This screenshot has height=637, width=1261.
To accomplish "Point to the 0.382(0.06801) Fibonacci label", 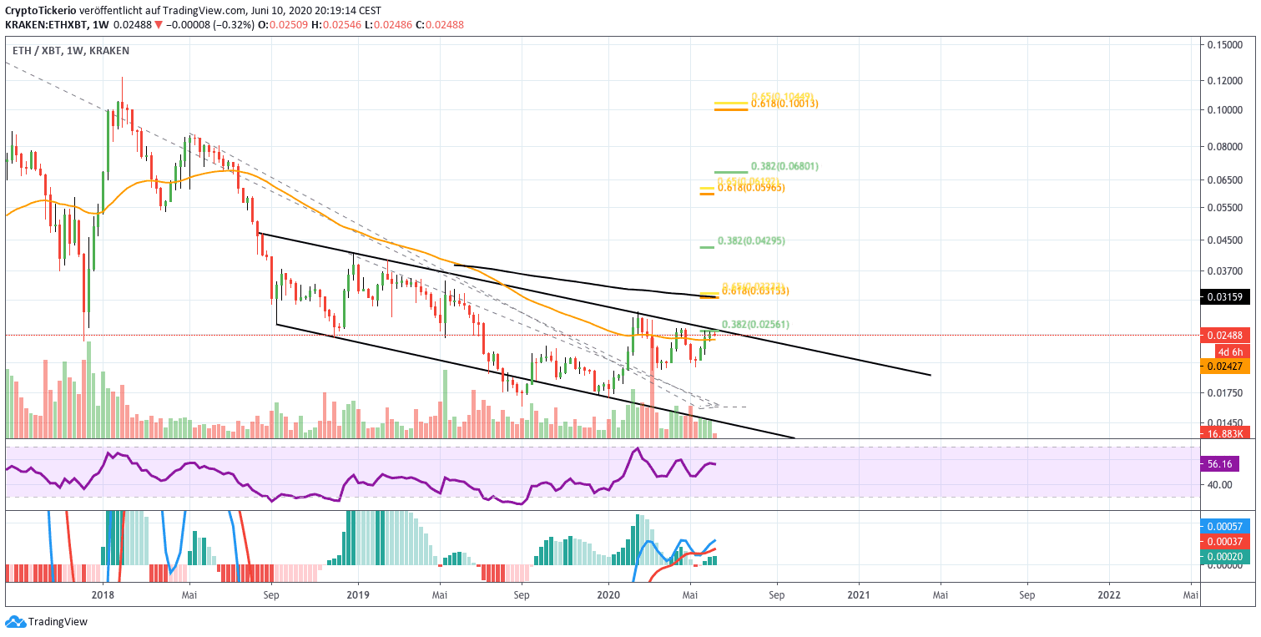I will click(784, 166).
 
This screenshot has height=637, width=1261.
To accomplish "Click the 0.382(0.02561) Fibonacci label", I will click(754, 324).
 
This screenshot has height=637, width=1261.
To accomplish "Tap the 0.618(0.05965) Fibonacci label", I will click(751, 188).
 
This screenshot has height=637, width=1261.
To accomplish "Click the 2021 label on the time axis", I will click(858, 594).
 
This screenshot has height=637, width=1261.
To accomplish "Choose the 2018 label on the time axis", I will click(103, 594).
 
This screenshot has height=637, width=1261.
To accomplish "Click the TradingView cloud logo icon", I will click(14, 622).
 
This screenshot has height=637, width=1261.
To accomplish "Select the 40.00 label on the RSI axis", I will click(1220, 484).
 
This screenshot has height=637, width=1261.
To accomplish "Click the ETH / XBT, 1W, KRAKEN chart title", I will click(71, 51).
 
